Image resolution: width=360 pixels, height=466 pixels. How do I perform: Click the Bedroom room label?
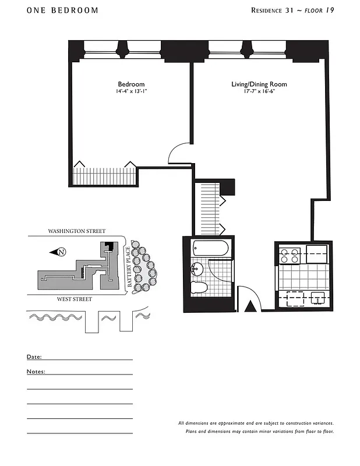[x=131, y=84]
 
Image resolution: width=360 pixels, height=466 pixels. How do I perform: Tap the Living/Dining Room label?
[x=259, y=84]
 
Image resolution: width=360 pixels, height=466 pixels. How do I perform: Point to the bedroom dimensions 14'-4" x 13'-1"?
[x=131, y=91]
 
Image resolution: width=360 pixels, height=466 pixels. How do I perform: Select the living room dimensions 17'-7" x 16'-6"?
[x=259, y=91]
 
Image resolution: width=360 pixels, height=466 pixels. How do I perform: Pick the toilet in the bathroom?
[x=199, y=287]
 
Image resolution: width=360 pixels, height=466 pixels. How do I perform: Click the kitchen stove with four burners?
[x=290, y=256]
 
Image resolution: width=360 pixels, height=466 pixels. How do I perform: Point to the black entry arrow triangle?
[x=251, y=306]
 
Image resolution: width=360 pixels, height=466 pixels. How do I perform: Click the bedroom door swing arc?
[x=178, y=153]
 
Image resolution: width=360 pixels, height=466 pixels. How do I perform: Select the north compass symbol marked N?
[x=61, y=252]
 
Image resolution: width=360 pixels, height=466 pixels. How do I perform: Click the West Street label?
[x=74, y=299]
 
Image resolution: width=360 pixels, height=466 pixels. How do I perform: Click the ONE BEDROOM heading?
[x=62, y=10]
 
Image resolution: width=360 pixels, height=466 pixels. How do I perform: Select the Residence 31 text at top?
[x=273, y=10]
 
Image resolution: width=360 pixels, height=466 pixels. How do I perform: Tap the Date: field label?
[x=34, y=356]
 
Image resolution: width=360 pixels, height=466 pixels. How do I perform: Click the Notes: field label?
[x=36, y=371]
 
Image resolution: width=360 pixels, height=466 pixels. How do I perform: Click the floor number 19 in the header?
[x=329, y=10]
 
